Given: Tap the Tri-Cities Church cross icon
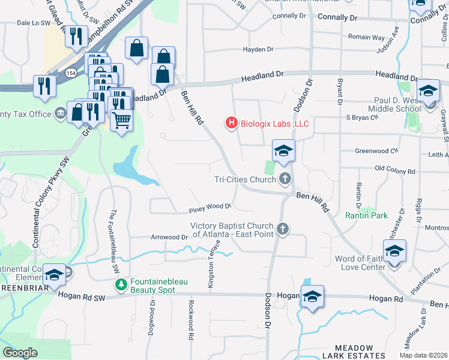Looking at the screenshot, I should point(285,178).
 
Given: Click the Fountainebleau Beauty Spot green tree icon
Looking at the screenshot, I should point(120,284).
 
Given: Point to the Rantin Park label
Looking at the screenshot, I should point(366,214).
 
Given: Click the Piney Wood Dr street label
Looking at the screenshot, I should point(210,207).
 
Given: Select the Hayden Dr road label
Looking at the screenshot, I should point(258,49).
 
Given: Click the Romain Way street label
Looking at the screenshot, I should point(367,37).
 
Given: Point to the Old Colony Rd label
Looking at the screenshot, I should point(394,171).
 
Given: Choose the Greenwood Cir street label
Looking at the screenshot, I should point(376,151).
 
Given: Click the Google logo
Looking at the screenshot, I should point(20,353).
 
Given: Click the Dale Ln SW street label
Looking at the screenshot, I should point(33,22).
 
